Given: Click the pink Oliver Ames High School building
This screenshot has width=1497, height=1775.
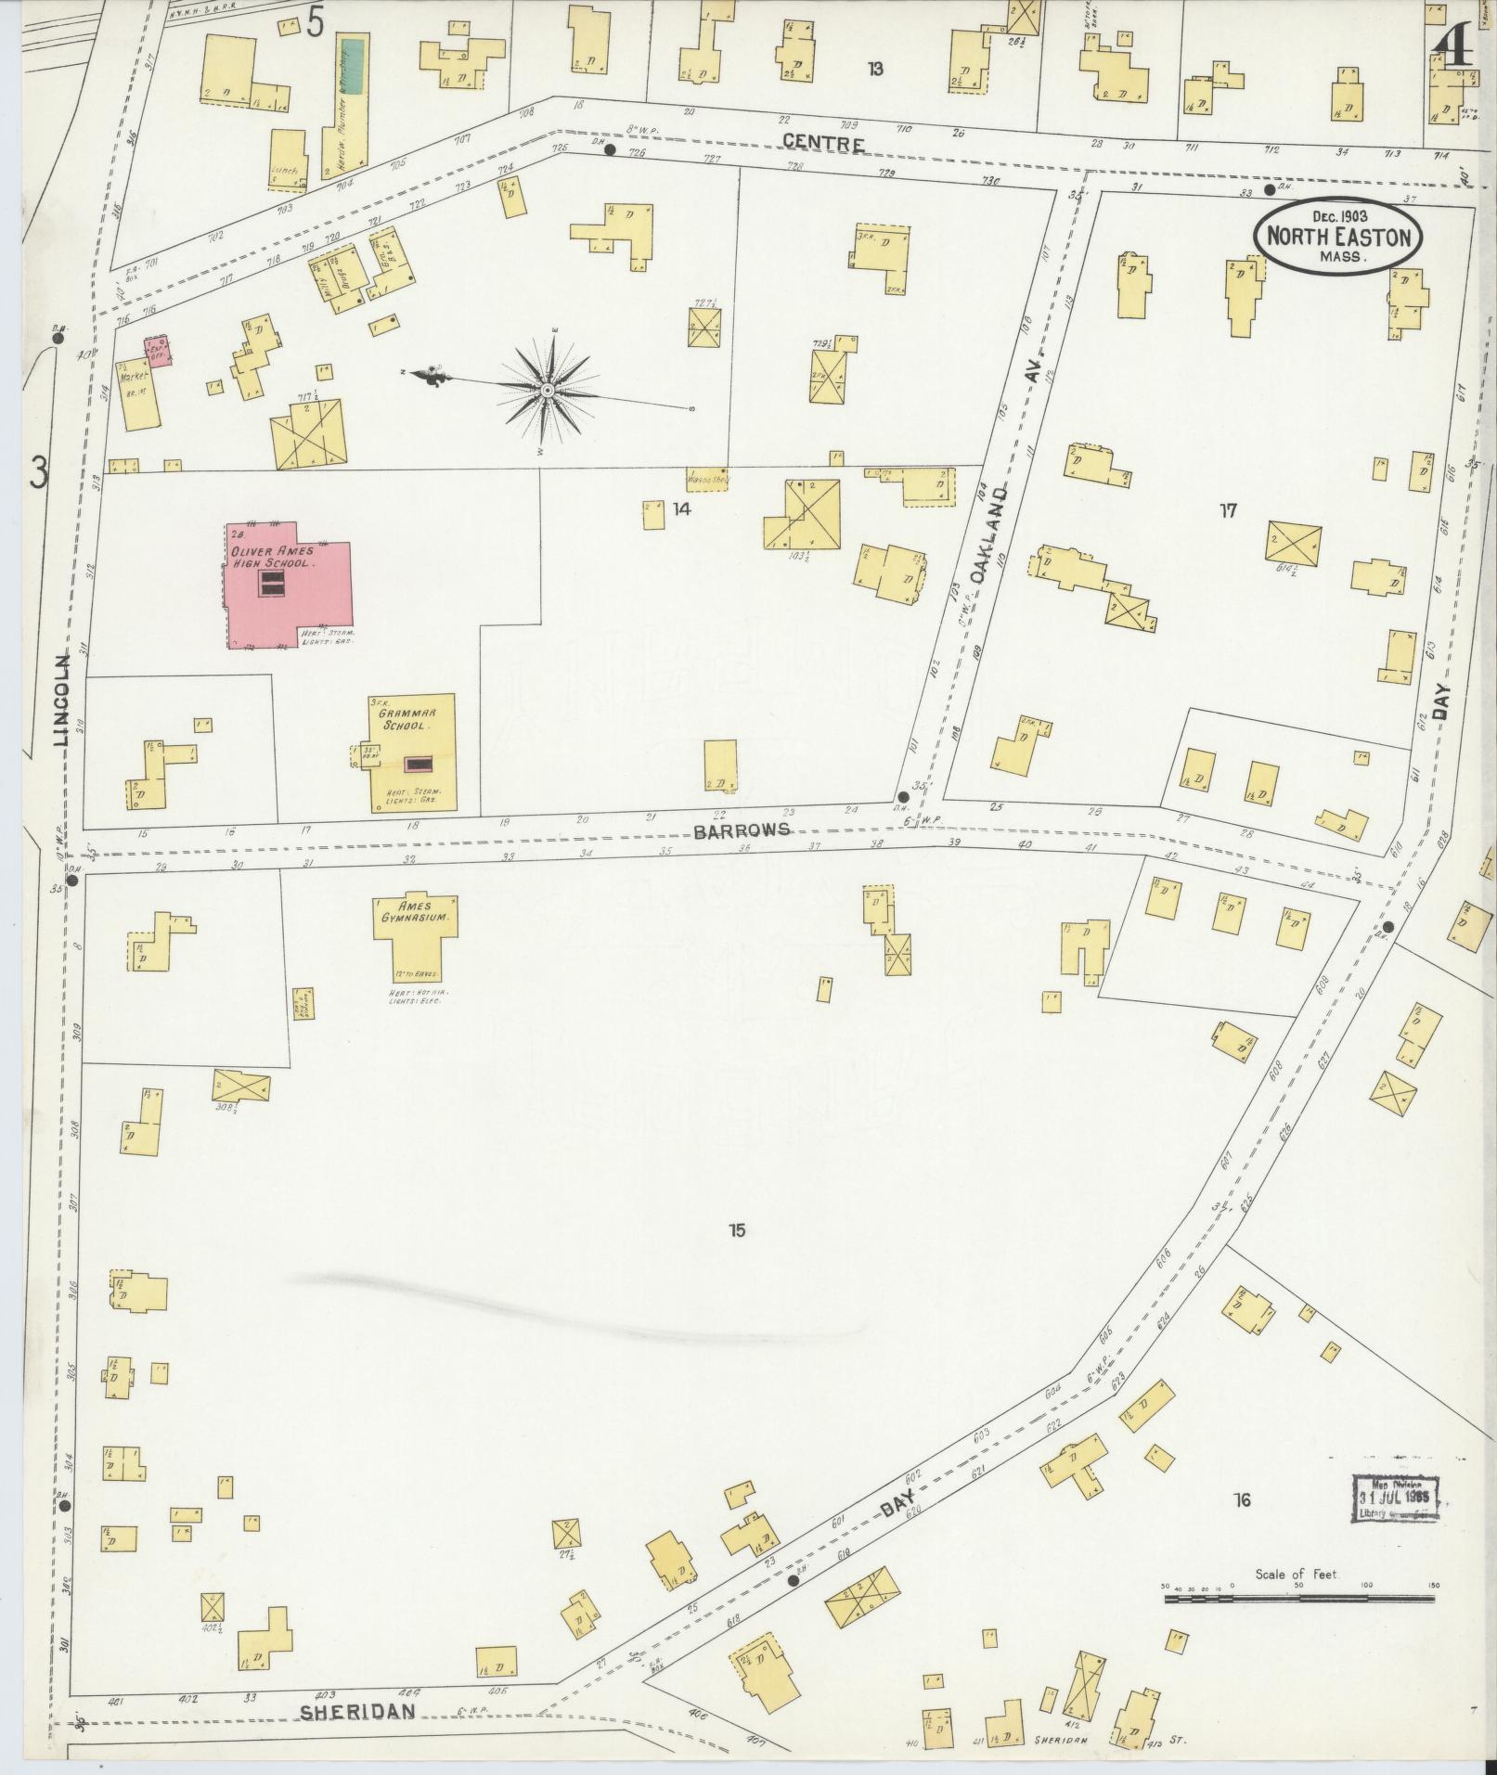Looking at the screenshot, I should point(288,586).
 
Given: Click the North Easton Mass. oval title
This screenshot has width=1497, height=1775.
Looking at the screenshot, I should point(1336,237).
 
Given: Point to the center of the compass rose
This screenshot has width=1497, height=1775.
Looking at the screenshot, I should point(548,392).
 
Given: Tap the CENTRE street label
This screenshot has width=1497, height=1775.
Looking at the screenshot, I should point(824,143).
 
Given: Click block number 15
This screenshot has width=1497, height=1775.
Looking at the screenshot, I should point(738,1231).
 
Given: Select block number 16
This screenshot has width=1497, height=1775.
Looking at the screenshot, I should point(1242,1499).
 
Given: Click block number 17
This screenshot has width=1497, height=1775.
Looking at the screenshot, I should point(1229,510).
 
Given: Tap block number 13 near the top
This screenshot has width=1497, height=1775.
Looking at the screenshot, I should point(874,68).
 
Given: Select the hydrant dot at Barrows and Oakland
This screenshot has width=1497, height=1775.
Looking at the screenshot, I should point(902,797).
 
